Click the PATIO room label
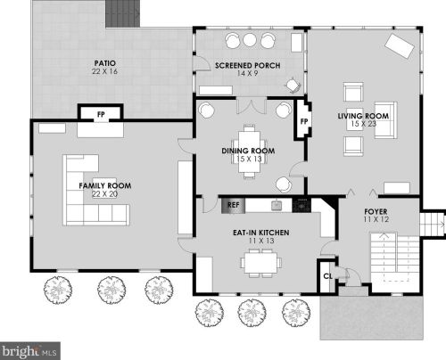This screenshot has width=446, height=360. (105, 63)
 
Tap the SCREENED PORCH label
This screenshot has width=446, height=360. (248, 65)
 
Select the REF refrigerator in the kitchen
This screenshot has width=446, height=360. (234, 205)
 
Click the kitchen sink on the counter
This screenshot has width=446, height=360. (277, 205)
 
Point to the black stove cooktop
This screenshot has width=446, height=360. (301, 205)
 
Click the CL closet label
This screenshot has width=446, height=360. (327, 276)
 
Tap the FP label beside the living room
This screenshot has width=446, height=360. (304, 121)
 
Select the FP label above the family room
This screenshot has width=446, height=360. (101, 114)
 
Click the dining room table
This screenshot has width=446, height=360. (250, 151)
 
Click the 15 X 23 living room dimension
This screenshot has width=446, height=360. (364, 124)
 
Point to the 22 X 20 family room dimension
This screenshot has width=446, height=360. (105, 194)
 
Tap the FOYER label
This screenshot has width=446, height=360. (376, 212)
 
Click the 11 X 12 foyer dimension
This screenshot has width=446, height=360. (376, 219)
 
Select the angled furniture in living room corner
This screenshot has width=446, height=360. (400, 46)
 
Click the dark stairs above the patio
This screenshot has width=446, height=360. (123, 13)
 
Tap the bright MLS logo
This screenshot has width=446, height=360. (30, 351)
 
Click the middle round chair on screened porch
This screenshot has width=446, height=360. (250, 40)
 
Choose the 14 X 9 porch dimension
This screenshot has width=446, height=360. (248, 73)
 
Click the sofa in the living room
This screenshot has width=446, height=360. (385, 120)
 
